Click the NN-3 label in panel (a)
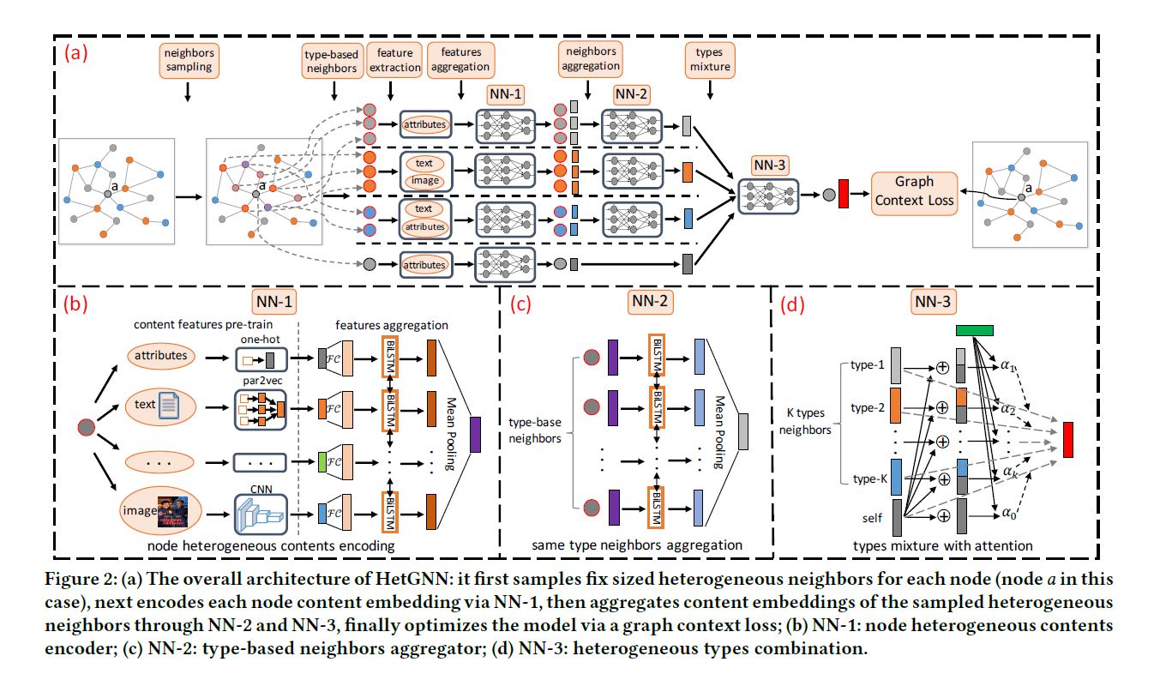768,164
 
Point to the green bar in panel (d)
974,330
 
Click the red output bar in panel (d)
1069,439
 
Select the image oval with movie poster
161,512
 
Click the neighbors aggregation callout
589,58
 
